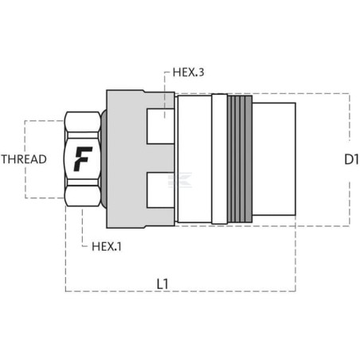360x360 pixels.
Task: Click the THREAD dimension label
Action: coord(24,159)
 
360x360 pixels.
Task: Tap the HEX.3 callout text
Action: coord(188,72)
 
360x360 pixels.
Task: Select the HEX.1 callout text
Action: coord(107,247)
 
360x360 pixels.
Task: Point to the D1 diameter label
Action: coord(351,159)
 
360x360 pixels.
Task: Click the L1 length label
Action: coord(162,284)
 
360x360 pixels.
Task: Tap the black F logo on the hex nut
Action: coord(83,158)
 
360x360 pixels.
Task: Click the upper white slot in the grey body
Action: coord(161,127)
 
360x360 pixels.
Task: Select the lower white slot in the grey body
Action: coord(161,190)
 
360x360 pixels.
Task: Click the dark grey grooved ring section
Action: coord(240,158)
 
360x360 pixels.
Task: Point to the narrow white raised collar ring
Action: coord(220,158)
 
